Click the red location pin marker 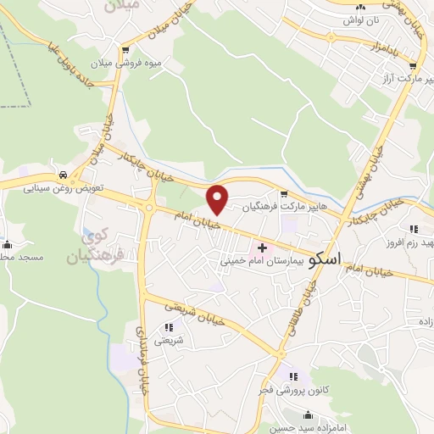(218, 199)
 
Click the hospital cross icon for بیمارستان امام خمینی (262, 248)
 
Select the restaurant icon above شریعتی (169, 327)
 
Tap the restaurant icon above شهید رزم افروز (414, 229)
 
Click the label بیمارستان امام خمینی (251, 262)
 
